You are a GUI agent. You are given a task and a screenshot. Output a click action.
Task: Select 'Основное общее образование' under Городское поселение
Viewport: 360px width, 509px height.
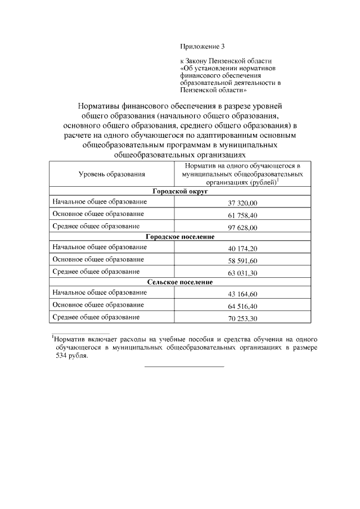point(97,259)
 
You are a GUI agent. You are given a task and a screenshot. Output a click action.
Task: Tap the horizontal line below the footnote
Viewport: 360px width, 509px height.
point(184,367)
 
